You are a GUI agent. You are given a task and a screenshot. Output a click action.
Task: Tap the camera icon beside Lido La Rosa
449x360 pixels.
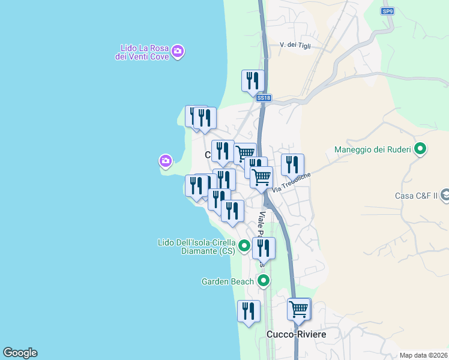[177, 51]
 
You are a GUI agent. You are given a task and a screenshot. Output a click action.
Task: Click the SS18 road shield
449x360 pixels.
[263, 98]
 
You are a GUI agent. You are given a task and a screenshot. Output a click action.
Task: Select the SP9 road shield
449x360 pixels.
[388, 11]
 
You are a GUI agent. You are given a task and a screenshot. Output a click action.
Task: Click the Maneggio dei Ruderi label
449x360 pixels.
[372, 149]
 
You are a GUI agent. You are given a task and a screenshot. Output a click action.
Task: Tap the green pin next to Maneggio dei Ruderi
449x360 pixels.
[421, 148]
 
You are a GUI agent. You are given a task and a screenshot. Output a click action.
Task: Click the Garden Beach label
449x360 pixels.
[228, 281]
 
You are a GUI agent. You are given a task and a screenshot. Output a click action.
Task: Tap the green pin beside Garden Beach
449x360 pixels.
[263, 280]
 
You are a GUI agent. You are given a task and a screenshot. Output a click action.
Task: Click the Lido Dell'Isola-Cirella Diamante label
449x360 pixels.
[197, 247]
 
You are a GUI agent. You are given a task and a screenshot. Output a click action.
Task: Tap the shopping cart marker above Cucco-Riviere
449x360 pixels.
[298, 310]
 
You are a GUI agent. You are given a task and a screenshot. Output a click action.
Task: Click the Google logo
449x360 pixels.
[20, 353]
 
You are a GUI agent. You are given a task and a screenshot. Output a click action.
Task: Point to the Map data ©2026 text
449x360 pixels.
[423, 355]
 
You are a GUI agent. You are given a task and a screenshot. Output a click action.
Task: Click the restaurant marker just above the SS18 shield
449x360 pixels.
[253, 80]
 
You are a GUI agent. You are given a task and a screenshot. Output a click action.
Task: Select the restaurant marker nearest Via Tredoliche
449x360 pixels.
[292, 164]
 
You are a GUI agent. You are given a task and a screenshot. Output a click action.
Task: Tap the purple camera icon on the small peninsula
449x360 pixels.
[166, 161]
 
